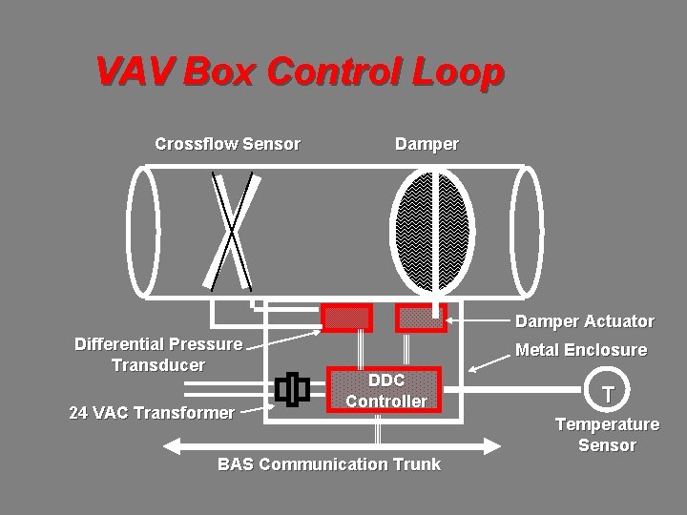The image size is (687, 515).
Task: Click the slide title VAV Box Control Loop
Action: (x=299, y=72)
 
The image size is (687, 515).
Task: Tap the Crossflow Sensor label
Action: (x=227, y=144)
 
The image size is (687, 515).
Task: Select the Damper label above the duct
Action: (x=427, y=144)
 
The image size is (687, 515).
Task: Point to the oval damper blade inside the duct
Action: (x=433, y=231)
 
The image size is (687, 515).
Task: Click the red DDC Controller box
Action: (x=385, y=389)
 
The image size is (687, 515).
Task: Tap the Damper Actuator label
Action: (x=585, y=321)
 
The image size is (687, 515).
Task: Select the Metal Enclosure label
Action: (x=580, y=350)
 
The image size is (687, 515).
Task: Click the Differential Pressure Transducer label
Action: (x=158, y=354)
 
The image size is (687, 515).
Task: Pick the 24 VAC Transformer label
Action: (x=152, y=413)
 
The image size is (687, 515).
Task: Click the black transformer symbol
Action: (x=292, y=389)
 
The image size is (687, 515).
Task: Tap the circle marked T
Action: (x=607, y=393)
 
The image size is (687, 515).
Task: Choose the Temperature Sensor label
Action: (x=607, y=434)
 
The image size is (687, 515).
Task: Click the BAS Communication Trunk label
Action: (x=329, y=464)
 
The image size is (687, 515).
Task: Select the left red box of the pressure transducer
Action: (x=346, y=318)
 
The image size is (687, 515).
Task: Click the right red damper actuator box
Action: (x=421, y=318)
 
